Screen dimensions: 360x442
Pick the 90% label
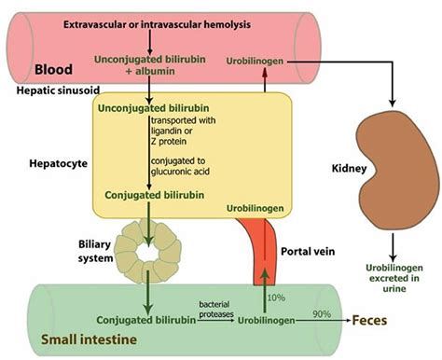coord(323,313)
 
